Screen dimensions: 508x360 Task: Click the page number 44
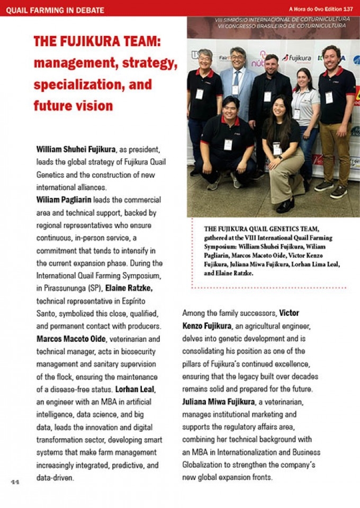[14, 482]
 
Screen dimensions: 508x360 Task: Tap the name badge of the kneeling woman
[277, 149]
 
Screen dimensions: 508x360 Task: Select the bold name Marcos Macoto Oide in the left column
[71, 339]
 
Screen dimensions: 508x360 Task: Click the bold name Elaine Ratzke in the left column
[130, 288]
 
